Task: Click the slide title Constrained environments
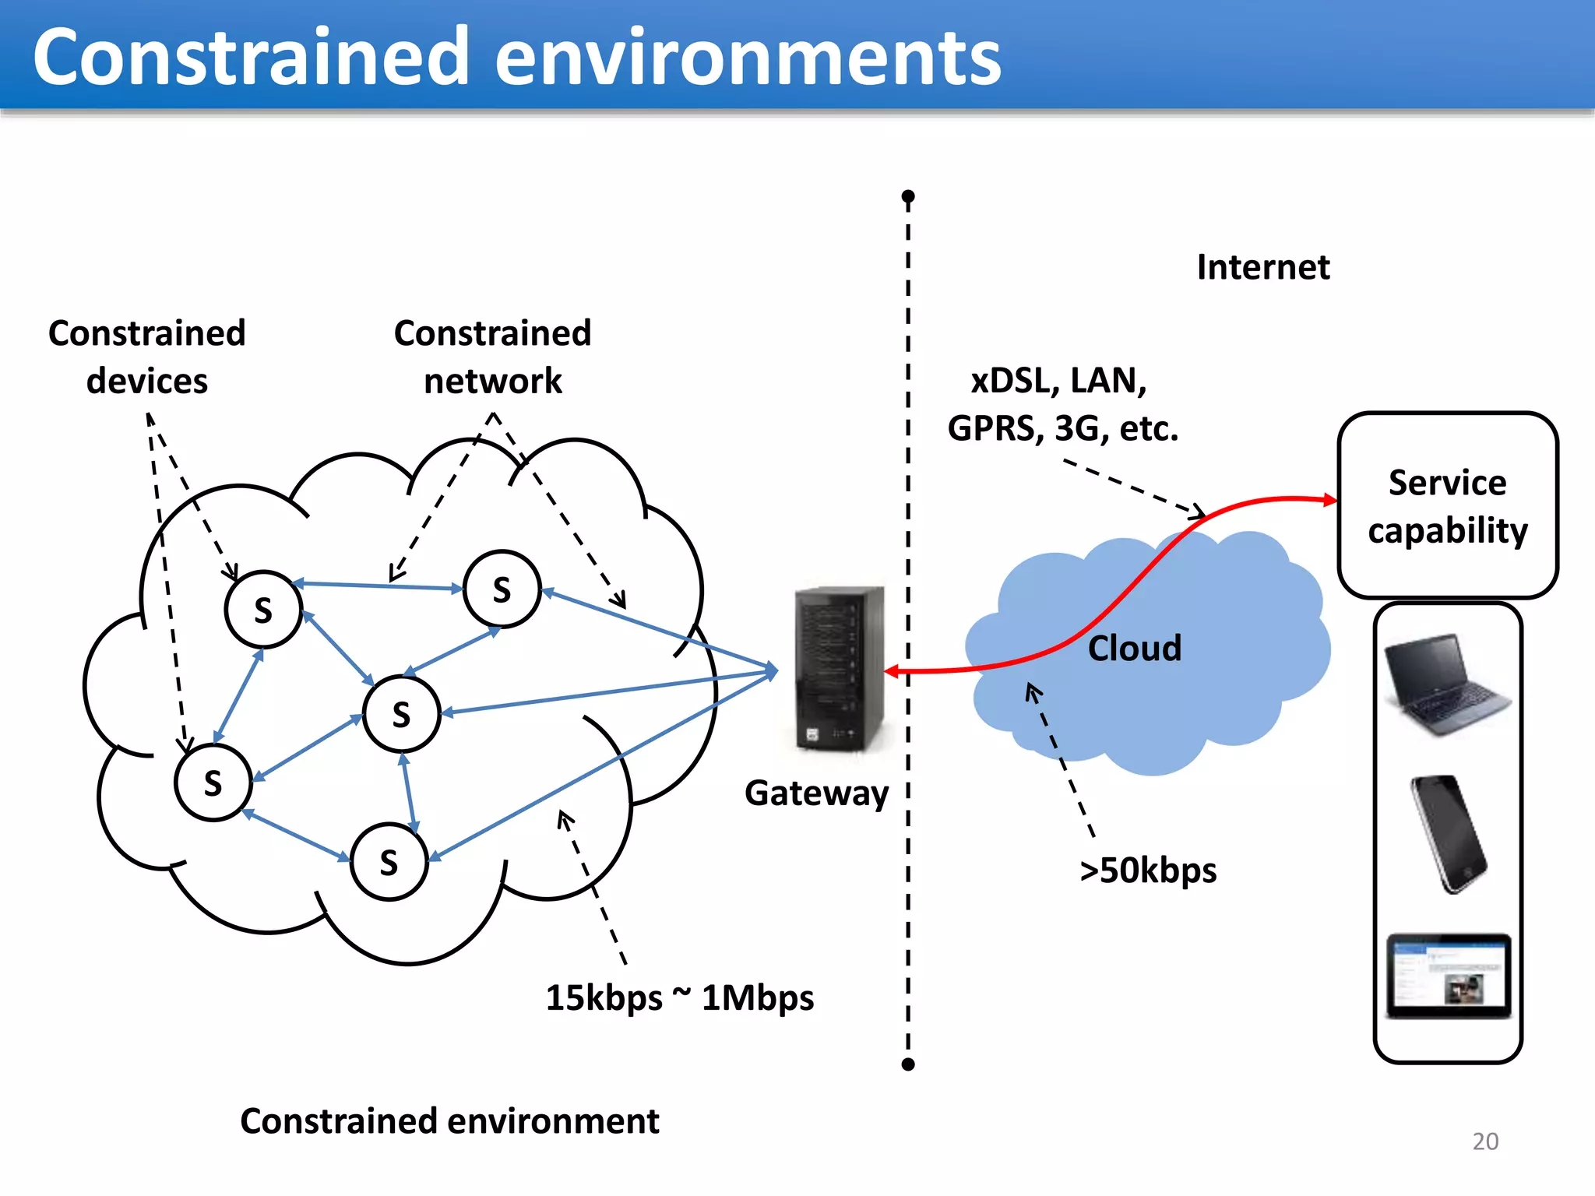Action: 516,56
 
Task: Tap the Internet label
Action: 1262,267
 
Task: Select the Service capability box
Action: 1447,505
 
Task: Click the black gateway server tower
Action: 840,668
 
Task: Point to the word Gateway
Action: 816,793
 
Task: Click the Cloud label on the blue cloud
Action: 1134,648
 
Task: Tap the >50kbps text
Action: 1148,870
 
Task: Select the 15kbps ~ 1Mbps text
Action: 679,997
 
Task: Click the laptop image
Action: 1447,684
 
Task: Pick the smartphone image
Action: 1449,833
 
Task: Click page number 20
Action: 1484,1141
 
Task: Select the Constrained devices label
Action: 147,357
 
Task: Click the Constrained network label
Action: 492,357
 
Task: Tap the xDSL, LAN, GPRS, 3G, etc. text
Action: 1062,404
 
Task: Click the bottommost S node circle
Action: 389,862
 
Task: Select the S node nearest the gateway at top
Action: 502,589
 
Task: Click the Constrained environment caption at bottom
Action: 449,1121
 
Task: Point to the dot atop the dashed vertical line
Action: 907,195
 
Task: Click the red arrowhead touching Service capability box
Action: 1331,500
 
